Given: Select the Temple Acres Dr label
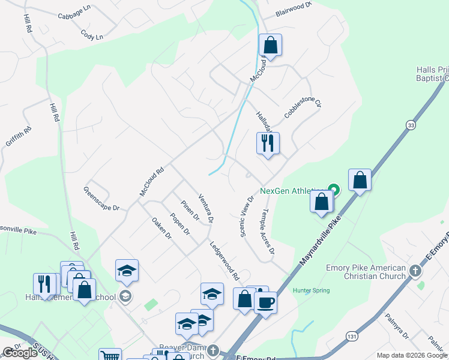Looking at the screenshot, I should (x=268, y=231).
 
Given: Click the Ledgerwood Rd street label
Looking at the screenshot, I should (x=224, y=261).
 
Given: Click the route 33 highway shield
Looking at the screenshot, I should (x=411, y=125).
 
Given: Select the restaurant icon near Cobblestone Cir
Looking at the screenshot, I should (x=268, y=143).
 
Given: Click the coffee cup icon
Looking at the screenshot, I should (x=265, y=301).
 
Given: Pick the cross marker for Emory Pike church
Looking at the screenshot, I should (x=414, y=271).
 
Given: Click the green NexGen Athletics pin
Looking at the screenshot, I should (x=336, y=191).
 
